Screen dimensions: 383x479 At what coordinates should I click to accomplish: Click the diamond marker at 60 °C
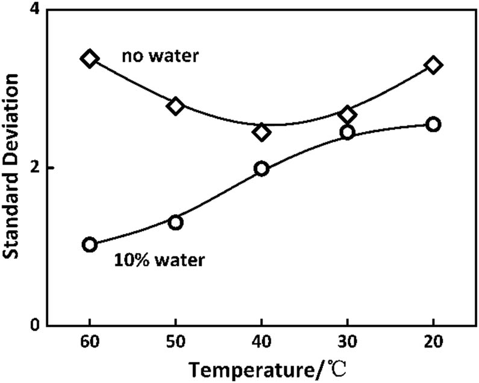pyautogui.click(x=90, y=59)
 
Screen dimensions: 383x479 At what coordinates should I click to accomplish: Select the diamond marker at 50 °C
pyautogui.click(x=176, y=106)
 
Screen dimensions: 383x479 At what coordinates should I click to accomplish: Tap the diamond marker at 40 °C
pyautogui.click(x=261, y=132)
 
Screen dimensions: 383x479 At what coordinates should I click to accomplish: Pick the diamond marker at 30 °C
pyautogui.click(x=348, y=115)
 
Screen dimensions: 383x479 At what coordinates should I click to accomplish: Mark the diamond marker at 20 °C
pyautogui.click(x=433, y=65)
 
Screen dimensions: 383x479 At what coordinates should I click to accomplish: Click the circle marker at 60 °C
pyautogui.click(x=90, y=244)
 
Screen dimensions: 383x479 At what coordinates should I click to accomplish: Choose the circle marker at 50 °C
pyautogui.click(x=176, y=223)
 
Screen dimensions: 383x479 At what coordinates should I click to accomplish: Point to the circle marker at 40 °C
pyautogui.click(x=261, y=169)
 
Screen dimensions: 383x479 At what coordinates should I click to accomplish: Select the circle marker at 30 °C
pyautogui.click(x=348, y=132)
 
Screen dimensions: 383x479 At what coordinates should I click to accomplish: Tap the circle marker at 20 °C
pyautogui.click(x=433, y=124)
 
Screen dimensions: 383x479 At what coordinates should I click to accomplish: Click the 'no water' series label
pyautogui.click(x=161, y=57)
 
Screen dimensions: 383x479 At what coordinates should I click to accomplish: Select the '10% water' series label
pyautogui.click(x=160, y=261)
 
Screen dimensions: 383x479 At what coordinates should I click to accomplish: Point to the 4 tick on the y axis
pyautogui.click(x=34, y=11)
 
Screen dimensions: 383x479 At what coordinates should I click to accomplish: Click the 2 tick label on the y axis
pyautogui.click(x=34, y=168)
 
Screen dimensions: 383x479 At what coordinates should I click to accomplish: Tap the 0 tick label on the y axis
pyautogui.click(x=34, y=325)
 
